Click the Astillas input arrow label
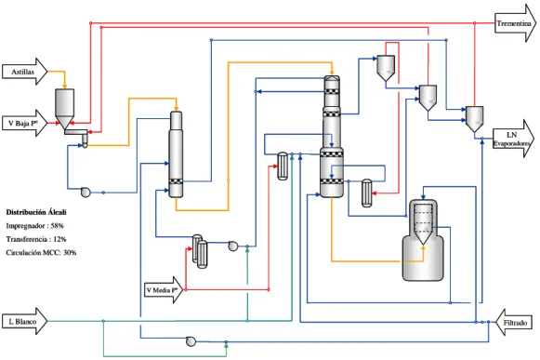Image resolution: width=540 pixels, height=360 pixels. pyautogui.click(x=22, y=72)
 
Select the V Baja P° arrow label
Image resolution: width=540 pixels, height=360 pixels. pyautogui.click(x=22, y=123)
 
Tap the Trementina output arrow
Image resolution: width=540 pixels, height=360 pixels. pyautogui.click(x=515, y=23)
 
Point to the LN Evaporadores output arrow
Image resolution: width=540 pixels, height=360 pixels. pyautogui.click(x=513, y=139)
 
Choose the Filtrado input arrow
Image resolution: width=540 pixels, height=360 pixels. pyautogui.click(x=513, y=323)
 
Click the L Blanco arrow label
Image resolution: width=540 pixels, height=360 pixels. pyautogui.click(x=22, y=322)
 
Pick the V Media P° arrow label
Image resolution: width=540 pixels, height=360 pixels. pyautogui.click(x=163, y=290)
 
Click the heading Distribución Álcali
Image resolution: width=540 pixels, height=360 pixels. pyautogui.click(x=36, y=212)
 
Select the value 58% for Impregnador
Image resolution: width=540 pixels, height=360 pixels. pyautogui.click(x=58, y=226)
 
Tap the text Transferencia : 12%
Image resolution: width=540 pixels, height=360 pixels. pyautogui.click(x=36, y=239)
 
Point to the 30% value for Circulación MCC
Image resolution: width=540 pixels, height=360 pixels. pyautogui.click(x=70, y=252)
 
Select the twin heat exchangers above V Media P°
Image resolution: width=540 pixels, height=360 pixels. pyautogui.click(x=200, y=251)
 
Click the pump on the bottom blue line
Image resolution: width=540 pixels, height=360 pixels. pyautogui.click(x=191, y=341)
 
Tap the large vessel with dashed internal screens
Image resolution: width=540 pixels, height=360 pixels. pyautogui.click(x=423, y=240)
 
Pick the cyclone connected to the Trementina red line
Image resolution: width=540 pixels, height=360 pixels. pyautogui.click(x=475, y=119)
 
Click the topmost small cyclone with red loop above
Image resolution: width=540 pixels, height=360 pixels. pyautogui.click(x=386, y=68)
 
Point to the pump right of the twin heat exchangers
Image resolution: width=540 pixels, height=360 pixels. pyautogui.click(x=233, y=246)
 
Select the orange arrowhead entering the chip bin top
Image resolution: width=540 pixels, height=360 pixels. pyautogui.click(x=64, y=86)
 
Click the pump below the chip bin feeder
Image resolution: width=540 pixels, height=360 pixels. pyautogui.click(x=86, y=192)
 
